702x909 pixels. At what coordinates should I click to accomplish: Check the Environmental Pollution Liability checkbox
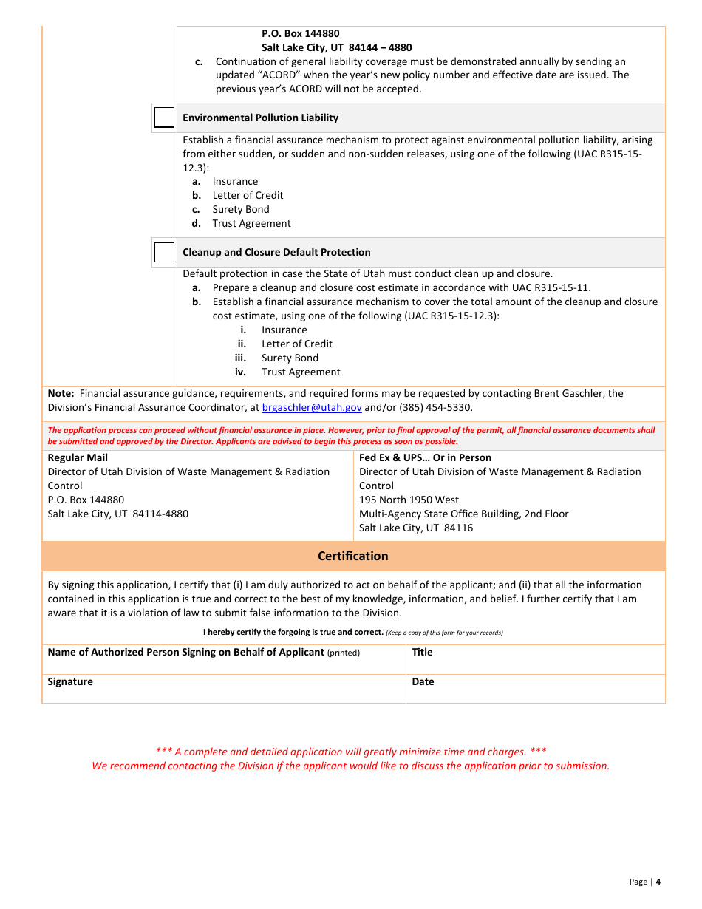coord(164,118)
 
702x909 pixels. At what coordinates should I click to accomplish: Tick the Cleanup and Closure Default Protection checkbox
coord(164,252)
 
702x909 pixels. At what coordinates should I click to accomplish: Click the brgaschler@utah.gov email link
coord(312,407)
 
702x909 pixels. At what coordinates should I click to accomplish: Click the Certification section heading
coord(352,556)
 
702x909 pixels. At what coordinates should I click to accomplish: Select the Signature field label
coord(70,681)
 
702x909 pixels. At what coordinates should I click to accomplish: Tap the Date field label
coord(423,681)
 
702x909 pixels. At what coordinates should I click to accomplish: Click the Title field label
coord(422,652)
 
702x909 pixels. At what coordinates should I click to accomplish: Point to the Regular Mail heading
coord(78,457)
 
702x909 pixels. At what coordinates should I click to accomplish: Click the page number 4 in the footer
coord(658,881)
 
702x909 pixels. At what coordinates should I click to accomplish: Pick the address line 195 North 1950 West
coord(409,500)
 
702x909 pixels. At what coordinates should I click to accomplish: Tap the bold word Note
coord(60,393)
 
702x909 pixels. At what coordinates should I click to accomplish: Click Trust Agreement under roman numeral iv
coord(301,372)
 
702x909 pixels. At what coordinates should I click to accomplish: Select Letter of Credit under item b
coord(248,195)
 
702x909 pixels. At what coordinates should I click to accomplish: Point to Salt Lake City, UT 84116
coord(416,528)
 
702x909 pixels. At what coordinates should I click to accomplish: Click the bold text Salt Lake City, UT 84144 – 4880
coord(336,47)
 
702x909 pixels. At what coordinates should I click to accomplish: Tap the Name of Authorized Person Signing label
coord(185,652)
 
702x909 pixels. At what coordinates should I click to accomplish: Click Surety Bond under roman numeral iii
coord(290,358)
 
